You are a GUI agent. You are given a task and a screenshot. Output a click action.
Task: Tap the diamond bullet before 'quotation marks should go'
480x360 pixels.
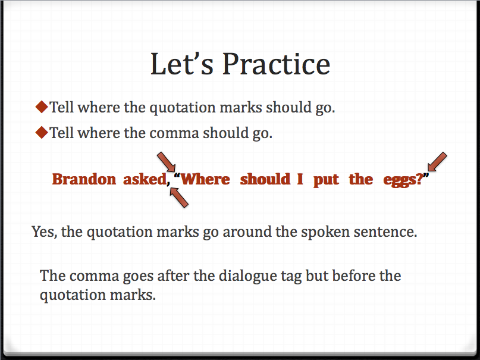(41, 107)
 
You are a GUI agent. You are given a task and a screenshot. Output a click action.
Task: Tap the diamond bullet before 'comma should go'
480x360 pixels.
(41, 132)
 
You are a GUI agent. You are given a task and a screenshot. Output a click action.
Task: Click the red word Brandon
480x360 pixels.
(84, 179)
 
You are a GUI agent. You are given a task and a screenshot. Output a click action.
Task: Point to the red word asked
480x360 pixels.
(143, 179)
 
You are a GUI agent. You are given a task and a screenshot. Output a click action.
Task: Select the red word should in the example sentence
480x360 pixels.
(265, 179)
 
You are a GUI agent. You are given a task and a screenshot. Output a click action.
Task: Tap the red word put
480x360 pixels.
(326, 180)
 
